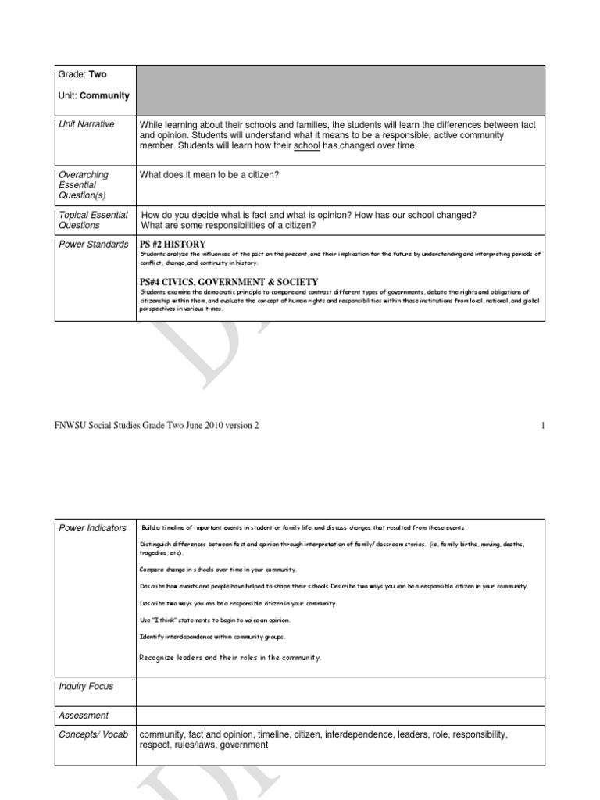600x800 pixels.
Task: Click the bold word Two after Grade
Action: point(98,75)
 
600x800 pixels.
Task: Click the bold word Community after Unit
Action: point(105,96)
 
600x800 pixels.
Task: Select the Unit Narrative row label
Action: point(86,124)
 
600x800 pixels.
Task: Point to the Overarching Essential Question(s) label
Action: point(84,185)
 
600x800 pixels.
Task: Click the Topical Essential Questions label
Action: point(93,220)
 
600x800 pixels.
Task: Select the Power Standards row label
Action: point(94,245)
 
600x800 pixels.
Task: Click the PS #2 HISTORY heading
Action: point(173,245)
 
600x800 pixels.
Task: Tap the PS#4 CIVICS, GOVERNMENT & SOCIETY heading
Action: point(229,282)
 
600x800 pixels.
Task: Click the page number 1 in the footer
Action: point(541,425)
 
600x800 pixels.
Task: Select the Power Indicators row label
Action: point(92,528)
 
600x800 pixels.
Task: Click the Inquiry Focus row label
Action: point(86,687)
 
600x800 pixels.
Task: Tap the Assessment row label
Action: point(84,716)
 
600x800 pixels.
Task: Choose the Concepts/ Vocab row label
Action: point(93,735)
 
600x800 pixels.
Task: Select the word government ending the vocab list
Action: point(244,745)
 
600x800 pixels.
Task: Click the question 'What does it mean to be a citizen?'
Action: point(209,175)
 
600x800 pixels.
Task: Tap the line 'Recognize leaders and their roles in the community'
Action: point(230,658)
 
